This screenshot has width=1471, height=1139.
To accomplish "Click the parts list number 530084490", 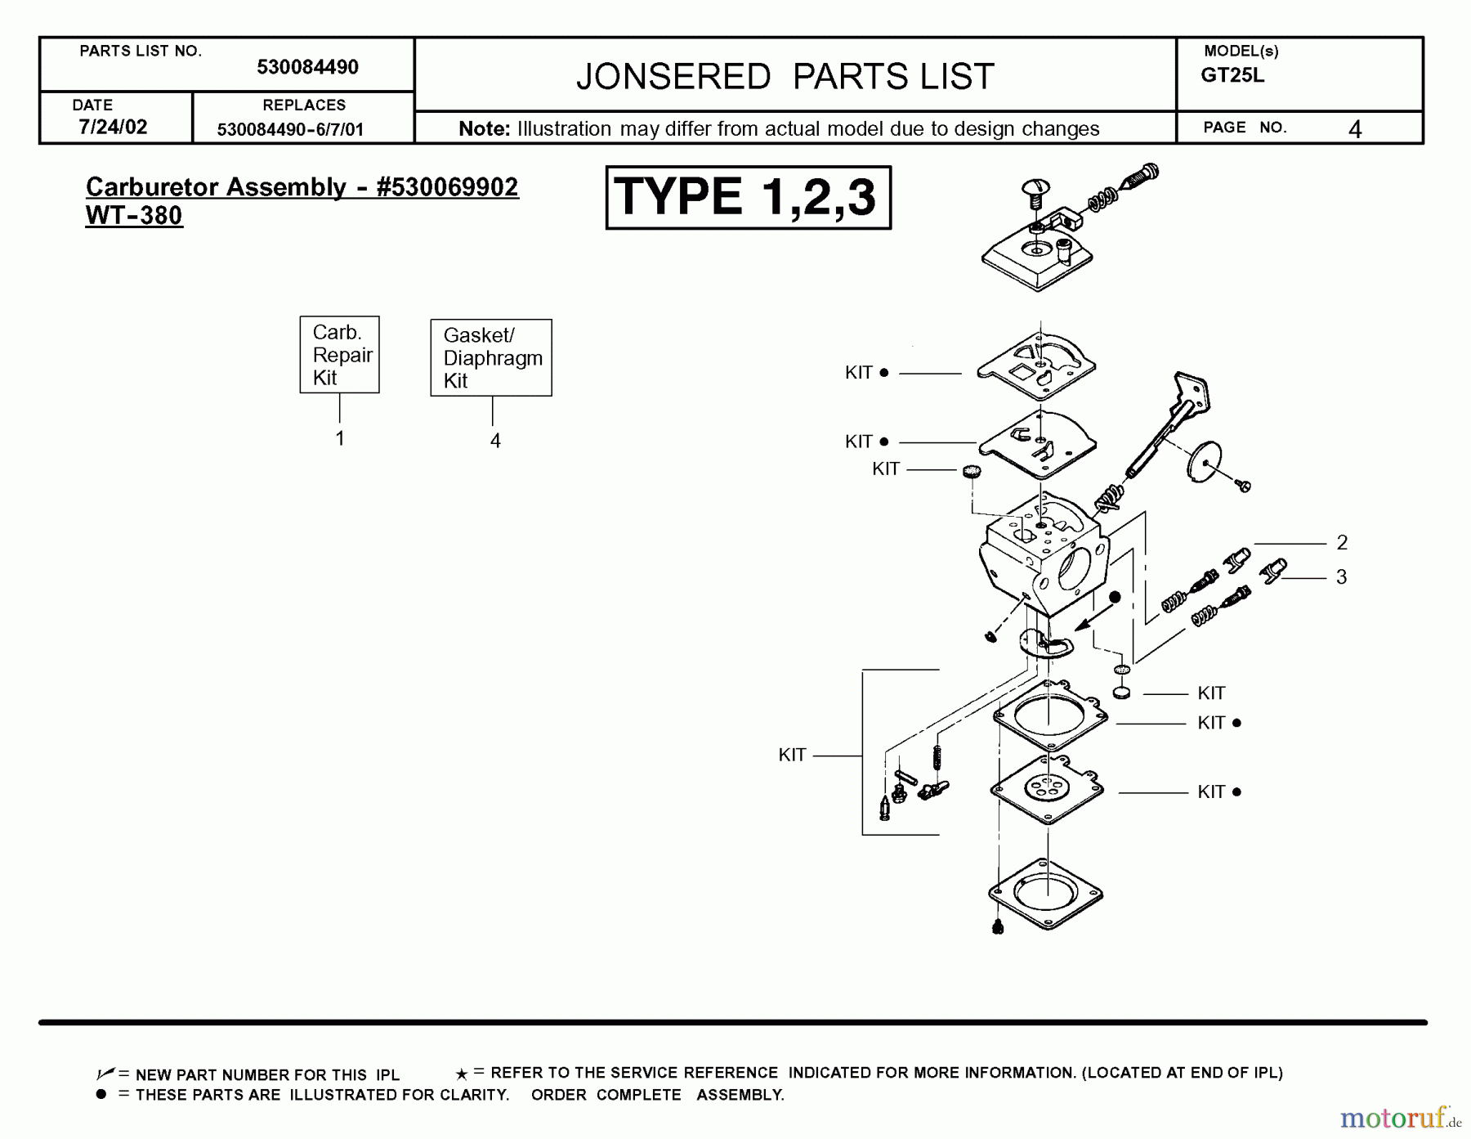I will point(307,67).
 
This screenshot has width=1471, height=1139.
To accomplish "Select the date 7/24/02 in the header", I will point(113,127).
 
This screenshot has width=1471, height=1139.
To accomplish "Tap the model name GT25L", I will point(1232,75).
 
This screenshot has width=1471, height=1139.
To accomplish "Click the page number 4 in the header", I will point(1354,129).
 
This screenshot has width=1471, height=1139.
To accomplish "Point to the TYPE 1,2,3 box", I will point(748,198).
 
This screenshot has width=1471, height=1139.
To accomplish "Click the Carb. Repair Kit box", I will point(339,355).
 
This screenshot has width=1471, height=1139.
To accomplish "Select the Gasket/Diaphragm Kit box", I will point(491,358).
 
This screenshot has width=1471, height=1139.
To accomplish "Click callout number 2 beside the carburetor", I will point(1341,542).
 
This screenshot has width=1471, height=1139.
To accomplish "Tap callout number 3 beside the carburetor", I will point(1341,576).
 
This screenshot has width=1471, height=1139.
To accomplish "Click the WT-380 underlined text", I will point(134,216).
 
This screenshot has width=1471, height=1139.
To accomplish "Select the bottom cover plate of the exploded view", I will point(1045,893).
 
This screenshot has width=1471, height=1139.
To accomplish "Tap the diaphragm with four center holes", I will point(1047,789).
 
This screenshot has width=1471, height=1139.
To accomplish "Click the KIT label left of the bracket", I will point(792,755).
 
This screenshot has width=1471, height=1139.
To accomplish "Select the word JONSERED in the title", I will point(673,77).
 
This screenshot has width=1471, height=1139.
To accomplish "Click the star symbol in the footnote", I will point(462,1074).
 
